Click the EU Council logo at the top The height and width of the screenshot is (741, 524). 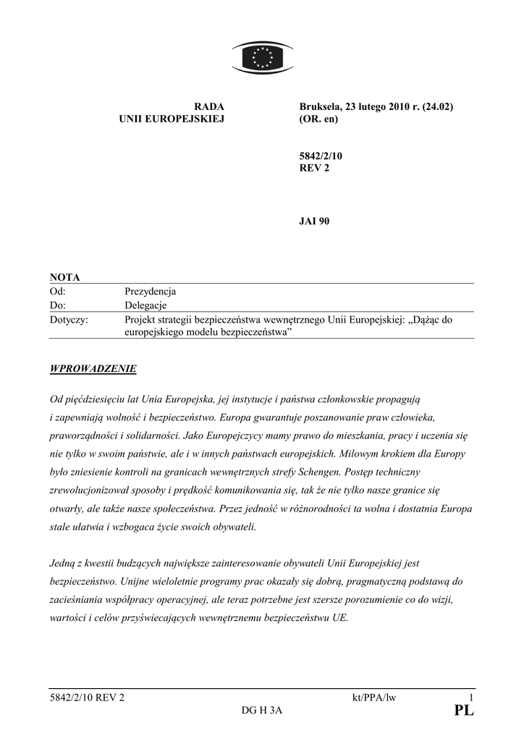point(261,56)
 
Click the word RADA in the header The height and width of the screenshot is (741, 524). point(210,106)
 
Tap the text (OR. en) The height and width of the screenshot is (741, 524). point(318,119)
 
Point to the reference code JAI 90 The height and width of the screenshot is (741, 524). point(314,221)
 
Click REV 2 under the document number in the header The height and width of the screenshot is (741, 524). point(314,169)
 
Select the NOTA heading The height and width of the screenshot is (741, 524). point(65,277)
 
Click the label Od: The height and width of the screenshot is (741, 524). point(58,292)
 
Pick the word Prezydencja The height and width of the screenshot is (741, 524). point(151,292)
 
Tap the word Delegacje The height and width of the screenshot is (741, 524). point(145,305)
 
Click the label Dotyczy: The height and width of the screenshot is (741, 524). point(69,319)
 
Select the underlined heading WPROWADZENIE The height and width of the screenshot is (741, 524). point(93,369)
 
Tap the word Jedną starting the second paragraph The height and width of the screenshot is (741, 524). point(66,562)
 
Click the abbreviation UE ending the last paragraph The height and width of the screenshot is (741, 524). point(339,619)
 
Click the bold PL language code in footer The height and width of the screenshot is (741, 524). point(463,711)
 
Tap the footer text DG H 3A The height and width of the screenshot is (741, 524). point(262,711)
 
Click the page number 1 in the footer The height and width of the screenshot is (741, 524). point(470,698)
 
